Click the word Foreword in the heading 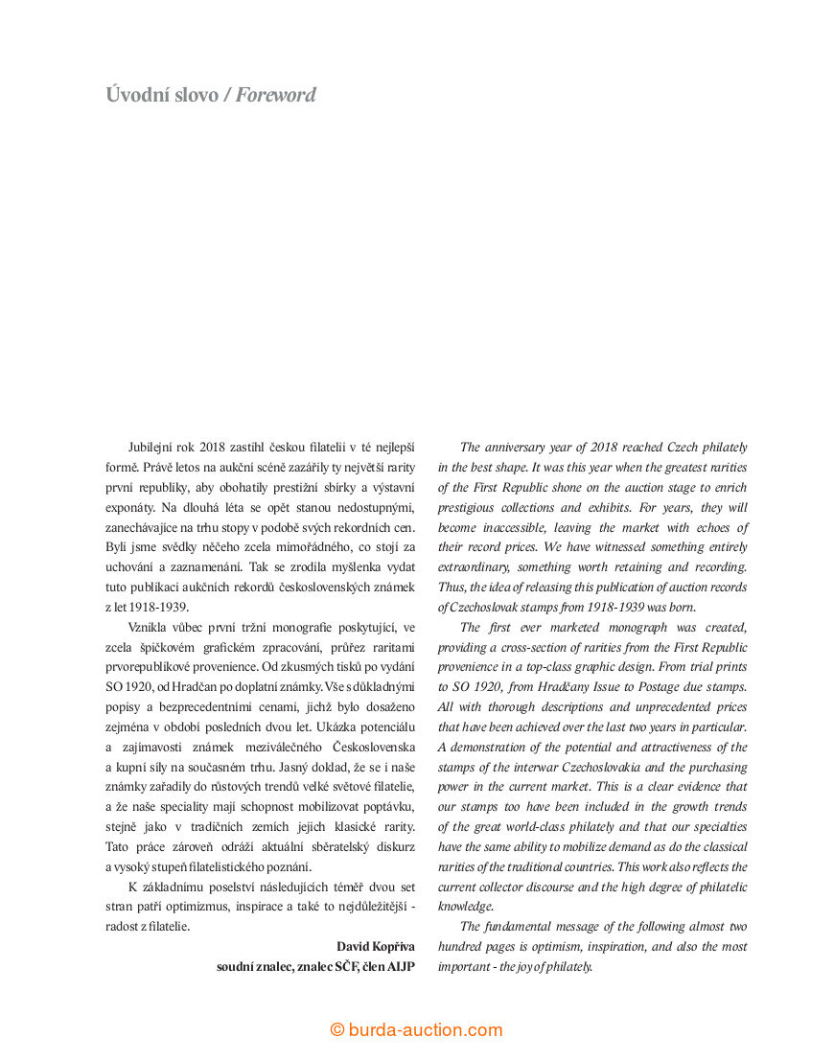coord(276,95)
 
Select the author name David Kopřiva coord(376,946)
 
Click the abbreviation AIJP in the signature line coord(402,966)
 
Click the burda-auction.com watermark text coord(426,1030)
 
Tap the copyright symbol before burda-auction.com coord(337,1030)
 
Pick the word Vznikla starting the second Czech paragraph coord(150,627)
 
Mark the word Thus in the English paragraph coord(452,588)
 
